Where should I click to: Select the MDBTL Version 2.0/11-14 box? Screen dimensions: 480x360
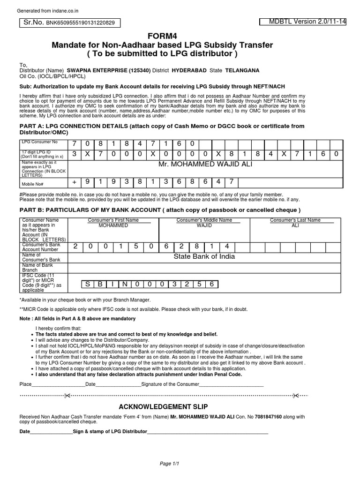click(302, 22)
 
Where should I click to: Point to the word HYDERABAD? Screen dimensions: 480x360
click(189, 70)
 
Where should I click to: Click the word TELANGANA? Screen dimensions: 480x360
click(242, 70)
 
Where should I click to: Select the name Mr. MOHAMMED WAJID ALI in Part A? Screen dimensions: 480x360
click(204, 165)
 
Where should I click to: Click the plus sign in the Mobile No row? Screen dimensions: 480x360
click(74, 181)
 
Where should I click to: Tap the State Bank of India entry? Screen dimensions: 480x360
click(204, 256)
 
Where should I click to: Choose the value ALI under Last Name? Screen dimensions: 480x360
click(295, 225)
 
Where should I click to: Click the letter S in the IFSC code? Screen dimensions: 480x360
click(87, 284)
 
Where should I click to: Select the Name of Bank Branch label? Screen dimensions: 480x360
click(36, 268)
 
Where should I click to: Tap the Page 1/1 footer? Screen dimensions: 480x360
click(170, 464)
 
